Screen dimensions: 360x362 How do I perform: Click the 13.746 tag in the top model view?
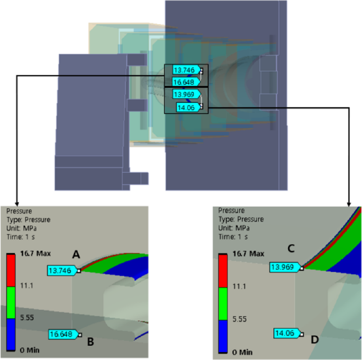tap(184, 70)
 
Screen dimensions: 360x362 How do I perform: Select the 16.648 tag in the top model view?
tap(185, 81)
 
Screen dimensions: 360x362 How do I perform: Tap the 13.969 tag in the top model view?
tap(185, 95)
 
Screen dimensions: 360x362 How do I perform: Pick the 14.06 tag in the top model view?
tap(188, 107)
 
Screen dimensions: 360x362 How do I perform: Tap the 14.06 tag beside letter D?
tap(286, 333)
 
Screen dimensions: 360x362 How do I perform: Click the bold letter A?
tap(76, 255)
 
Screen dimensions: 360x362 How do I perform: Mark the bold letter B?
tap(90, 342)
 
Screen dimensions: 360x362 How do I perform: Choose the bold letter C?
tap(291, 248)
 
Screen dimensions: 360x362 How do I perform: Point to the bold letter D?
tap(315, 339)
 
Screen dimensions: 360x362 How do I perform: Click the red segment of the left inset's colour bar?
tap(13, 270)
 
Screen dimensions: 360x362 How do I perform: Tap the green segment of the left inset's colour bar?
tap(13, 302)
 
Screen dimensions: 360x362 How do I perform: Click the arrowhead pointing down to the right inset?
tap(349, 203)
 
